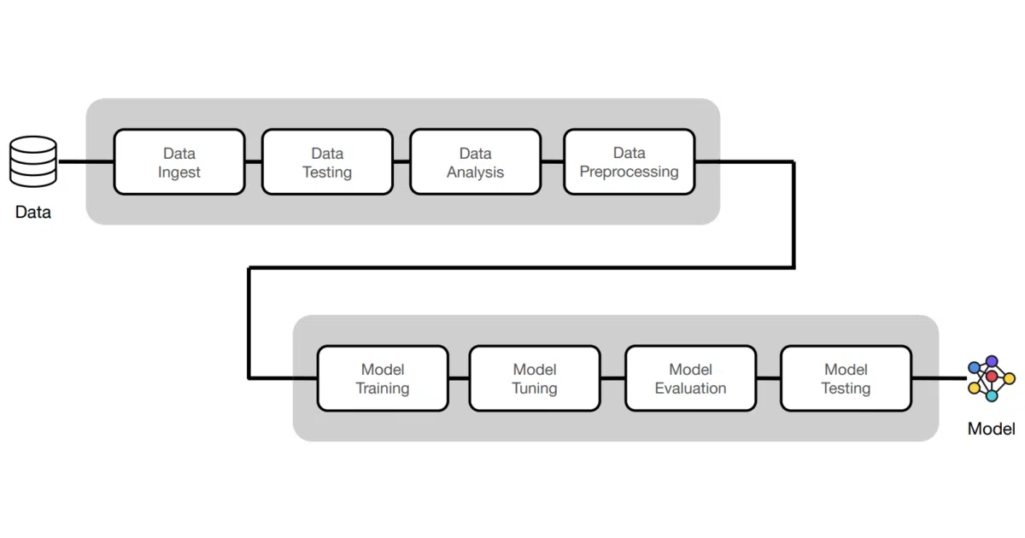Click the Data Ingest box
click(x=179, y=162)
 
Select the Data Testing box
click(x=328, y=162)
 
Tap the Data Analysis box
click(x=476, y=162)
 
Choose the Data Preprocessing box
click(x=630, y=162)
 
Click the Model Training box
click(x=383, y=378)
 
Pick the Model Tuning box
click(x=535, y=378)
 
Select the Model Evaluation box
click(x=690, y=378)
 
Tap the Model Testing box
click(x=846, y=378)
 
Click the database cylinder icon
click(x=33, y=161)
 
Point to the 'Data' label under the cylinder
click(x=33, y=213)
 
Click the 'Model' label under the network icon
click(x=991, y=429)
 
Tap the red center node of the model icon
click(x=992, y=377)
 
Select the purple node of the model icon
click(x=992, y=361)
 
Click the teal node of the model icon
click(x=992, y=395)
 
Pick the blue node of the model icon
click(x=975, y=367)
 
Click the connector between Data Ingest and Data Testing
click(x=254, y=161)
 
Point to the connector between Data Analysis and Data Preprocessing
click(x=553, y=161)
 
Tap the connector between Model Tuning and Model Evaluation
click(x=612, y=378)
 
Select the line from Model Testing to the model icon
click(x=939, y=378)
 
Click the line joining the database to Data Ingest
click(x=86, y=161)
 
